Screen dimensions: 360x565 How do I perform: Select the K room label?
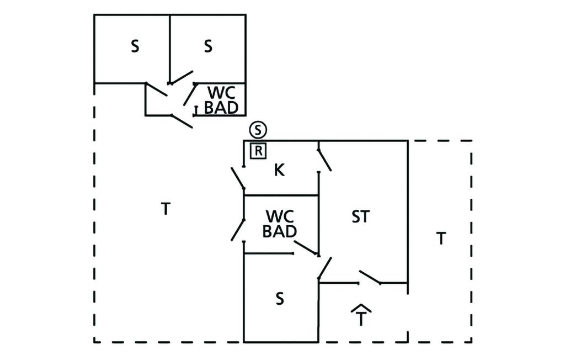coord(279,171)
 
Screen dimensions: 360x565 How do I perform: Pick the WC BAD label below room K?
coord(280,223)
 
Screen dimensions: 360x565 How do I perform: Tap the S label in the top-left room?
coord(135,47)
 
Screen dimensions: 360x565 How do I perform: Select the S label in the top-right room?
coord(208,47)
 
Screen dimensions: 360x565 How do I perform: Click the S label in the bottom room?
coord(280,299)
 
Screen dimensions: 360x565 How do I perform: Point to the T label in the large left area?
coord(165,209)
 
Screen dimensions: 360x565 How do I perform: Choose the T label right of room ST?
coord(441,239)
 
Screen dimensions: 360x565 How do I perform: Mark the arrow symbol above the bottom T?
coord(360,307)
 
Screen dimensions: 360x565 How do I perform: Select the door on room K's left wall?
coord(238,178)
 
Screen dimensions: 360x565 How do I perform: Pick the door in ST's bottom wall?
coord(370,278)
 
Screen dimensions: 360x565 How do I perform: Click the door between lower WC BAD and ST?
coord(306,248)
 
